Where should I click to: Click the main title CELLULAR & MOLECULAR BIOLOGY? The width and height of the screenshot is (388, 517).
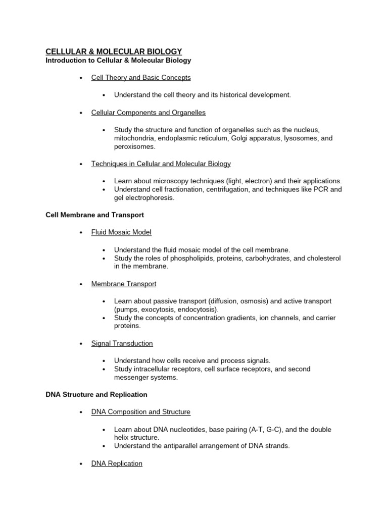[x=114, y=51]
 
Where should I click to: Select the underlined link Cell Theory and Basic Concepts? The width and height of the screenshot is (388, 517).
[x=141, y=78]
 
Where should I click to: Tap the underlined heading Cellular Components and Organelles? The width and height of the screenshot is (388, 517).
[x=148, y=112]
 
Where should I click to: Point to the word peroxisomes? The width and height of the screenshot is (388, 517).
[x=134, y=146]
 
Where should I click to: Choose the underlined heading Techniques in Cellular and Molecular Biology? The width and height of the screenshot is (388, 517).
[x=161, y=164]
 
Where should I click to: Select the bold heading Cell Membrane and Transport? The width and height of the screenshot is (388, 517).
[x=94, y=215]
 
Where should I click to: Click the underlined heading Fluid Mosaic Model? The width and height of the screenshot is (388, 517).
[x=121, y=232]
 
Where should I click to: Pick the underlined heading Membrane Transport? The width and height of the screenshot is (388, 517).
[x=124, y=284]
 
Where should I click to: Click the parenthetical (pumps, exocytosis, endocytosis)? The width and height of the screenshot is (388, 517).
[x=166, y=309]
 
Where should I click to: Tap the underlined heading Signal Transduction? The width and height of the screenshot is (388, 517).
[x=122, y=343]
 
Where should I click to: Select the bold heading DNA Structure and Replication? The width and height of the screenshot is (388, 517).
[x=96, y=394]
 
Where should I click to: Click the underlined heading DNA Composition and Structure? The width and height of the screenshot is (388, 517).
[x=140, y=412]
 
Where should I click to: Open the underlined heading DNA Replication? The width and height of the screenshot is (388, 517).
[x=117, y=463]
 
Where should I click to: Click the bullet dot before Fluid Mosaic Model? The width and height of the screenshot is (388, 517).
[x=81, y=233]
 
